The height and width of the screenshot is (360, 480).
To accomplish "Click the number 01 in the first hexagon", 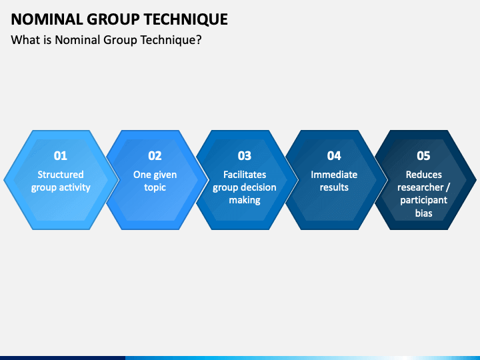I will [61, 156].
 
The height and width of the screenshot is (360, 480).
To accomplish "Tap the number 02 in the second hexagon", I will [155, 156].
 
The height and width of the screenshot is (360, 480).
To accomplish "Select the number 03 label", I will [245, 156].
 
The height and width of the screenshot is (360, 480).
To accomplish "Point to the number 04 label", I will [334, 156].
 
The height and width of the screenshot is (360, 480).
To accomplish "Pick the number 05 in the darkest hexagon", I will [423, 156].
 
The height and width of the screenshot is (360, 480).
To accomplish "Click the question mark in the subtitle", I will [199, 40].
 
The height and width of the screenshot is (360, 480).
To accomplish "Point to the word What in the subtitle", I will [25, 40].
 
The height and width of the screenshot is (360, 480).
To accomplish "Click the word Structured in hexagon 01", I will [61, 175].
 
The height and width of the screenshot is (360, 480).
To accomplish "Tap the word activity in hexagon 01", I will [75, 187].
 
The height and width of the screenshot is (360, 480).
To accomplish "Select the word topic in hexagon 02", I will [155, 187].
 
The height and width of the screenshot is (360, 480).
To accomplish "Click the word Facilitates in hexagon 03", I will [245, 175].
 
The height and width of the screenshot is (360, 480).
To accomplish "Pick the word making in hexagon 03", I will [245, 200].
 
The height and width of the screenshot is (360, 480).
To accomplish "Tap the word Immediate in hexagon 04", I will [334, 175].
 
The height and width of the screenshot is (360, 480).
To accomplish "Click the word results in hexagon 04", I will [334, 187].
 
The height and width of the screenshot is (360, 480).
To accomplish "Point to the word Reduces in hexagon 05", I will [423, 175].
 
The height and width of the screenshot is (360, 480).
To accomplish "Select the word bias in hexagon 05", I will [423, 213].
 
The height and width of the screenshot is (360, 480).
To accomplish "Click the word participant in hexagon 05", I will [423, 201].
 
